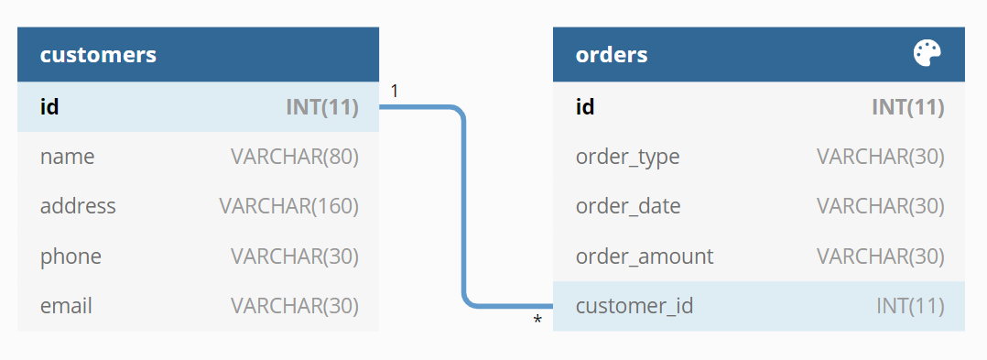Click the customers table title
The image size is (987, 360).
pos(98,55)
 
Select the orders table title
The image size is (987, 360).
pos(612,55)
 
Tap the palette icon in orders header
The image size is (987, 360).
pos(927,54)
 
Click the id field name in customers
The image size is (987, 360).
pos(49,107)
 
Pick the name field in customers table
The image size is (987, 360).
pos(67,157)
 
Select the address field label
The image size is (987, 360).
pos(78,206)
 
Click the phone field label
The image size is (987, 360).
pos(70,256)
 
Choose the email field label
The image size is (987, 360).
pos(66,305)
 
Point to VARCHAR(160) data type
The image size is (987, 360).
pos(288,206)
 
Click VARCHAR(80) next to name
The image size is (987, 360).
pos(294,157)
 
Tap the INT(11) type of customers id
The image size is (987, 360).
pos(321,107)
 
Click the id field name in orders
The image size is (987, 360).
pos(585,107)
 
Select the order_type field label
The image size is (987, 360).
pos(627,157)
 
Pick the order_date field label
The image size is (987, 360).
pos(628,206)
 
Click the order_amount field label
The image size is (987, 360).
pos(644,256)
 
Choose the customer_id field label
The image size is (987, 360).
pos(634,305)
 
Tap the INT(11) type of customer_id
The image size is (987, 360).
pos(909,305)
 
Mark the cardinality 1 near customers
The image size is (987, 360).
pos(395,91)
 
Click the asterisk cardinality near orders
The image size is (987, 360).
pos(537,321)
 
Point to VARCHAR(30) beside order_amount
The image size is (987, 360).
pos(880,256)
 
